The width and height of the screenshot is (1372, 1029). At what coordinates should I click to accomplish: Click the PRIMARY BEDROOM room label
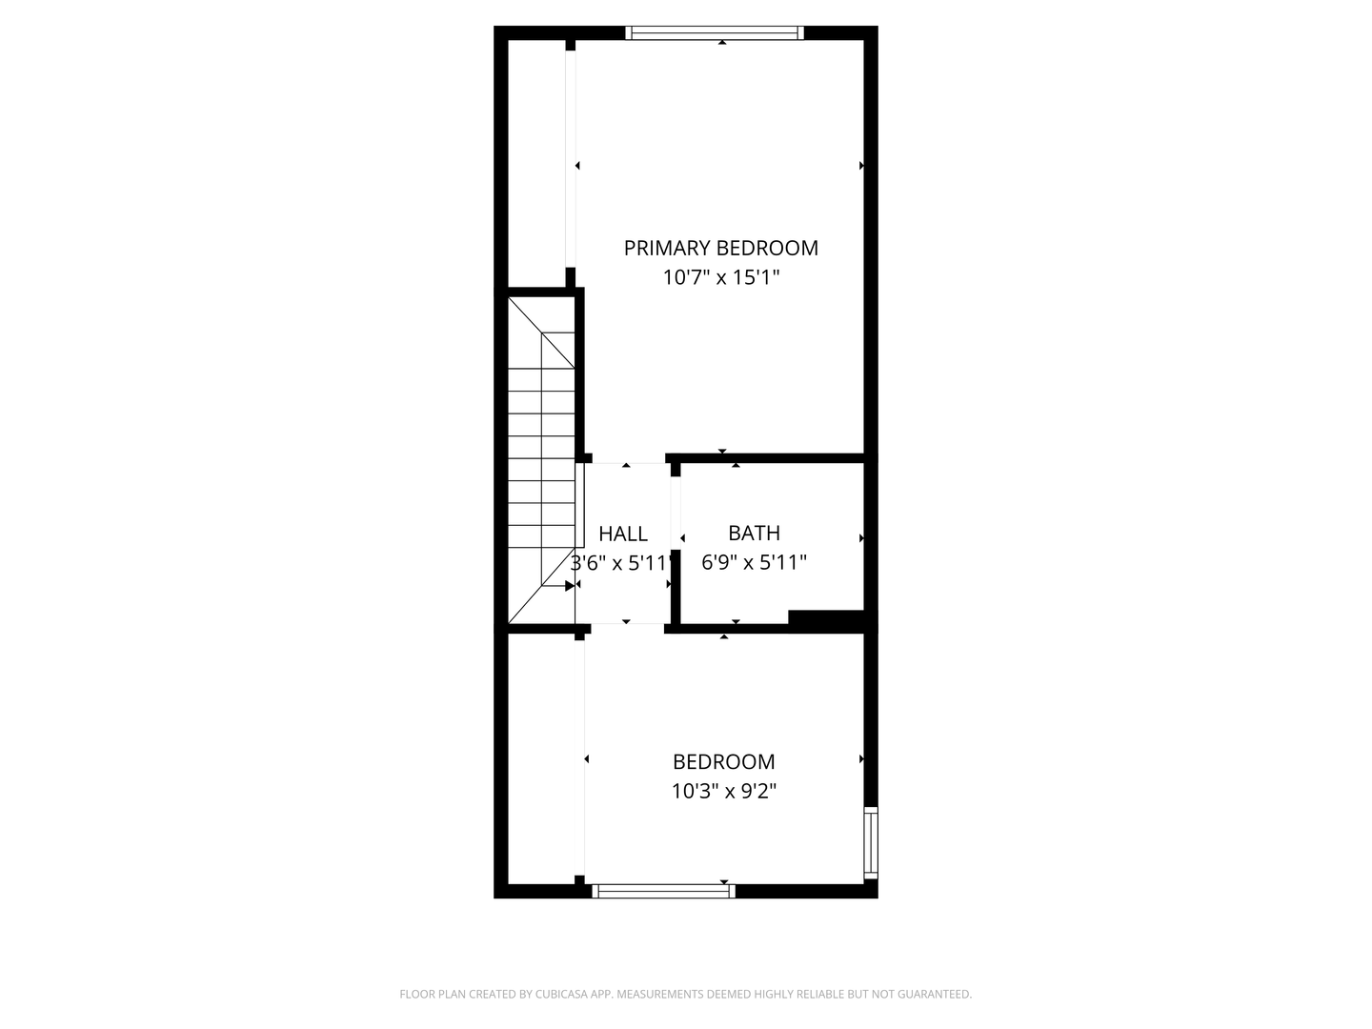(720, 248)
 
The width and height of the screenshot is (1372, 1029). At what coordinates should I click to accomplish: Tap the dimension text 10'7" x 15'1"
(720, 277)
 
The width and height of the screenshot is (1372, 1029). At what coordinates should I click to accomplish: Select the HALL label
(623, 534)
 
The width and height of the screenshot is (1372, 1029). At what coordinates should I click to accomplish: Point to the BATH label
(754, 533)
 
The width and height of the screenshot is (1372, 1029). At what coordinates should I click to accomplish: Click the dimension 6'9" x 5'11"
(754, 562)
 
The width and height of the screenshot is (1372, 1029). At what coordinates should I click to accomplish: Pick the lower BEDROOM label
(723, 761)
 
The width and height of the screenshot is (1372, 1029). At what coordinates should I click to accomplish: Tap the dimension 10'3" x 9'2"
(723, 791)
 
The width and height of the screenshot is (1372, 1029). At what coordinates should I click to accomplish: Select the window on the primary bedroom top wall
(715, 33)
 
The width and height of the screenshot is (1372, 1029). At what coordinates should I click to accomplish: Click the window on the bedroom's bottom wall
(664, 891)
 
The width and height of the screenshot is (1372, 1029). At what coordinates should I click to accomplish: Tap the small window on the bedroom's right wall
(870, 842)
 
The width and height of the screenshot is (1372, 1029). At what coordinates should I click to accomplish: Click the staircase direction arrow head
(569, 585)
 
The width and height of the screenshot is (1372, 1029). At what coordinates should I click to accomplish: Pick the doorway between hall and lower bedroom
(627, 627)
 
